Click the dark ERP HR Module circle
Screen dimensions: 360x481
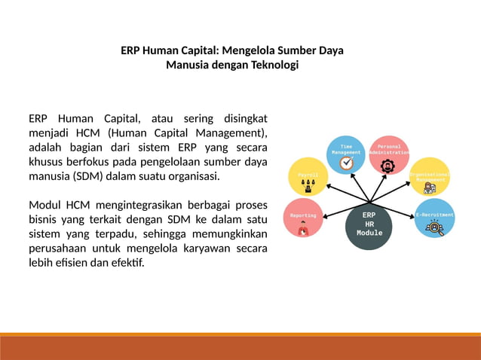tap(369, 224)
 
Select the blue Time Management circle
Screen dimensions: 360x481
tap(346, 154)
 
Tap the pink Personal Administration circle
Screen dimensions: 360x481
tap(388, 154)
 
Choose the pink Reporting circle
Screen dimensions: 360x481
tap(304, 218)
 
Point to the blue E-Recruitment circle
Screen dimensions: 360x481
tap(434, 218)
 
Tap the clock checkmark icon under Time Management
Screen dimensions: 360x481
tap(346, 163)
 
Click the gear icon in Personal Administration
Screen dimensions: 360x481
tap(388, 166)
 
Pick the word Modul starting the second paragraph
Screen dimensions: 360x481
tap(45, 205)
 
